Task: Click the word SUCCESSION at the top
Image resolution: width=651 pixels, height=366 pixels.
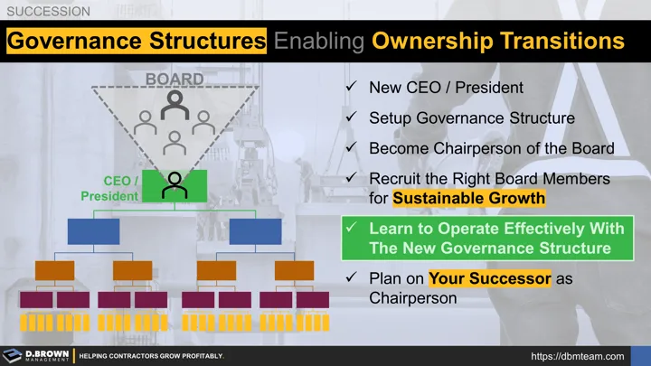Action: pos(48,12)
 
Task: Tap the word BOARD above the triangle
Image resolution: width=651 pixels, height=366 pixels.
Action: pos(175,79)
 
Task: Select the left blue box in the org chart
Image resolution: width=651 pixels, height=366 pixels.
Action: pos(93,231)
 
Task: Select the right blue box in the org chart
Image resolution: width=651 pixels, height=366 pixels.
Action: pos(255,231)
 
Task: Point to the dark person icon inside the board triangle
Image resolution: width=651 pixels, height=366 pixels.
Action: pos(174,107)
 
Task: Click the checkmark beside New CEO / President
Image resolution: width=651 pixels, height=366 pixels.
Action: pos(350,88)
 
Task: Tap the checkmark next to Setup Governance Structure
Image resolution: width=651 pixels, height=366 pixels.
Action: pos(350,118)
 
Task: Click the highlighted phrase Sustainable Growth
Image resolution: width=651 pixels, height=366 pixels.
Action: pos(469,198)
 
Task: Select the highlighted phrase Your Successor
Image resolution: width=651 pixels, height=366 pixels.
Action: pos(489,278)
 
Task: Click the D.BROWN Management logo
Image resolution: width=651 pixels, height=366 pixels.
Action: pos(36,355)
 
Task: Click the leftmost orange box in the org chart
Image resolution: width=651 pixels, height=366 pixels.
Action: pos(54,270)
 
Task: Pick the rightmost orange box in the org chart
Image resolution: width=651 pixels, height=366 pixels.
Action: pos(294,270)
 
